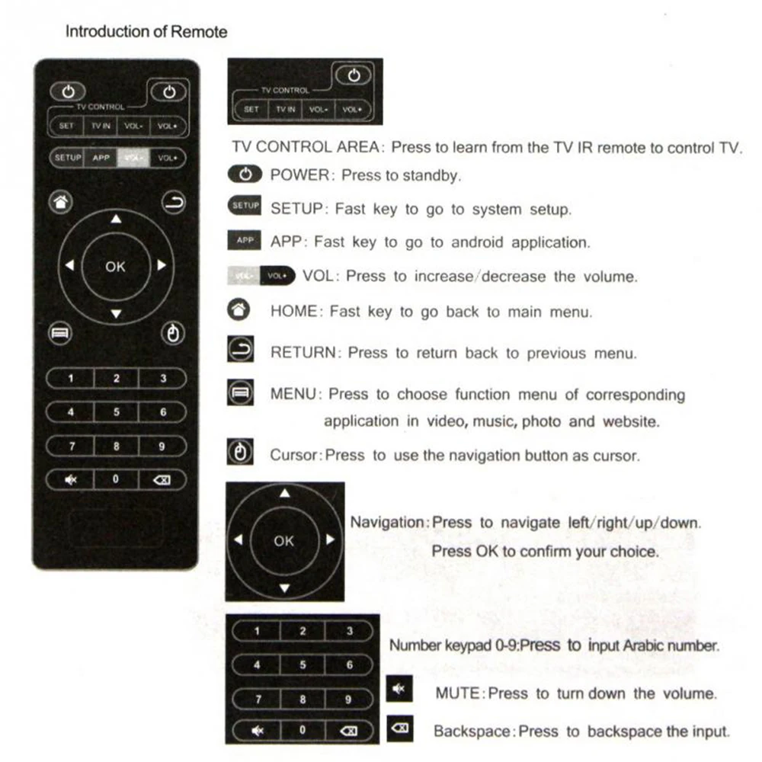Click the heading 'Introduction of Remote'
point(146,32)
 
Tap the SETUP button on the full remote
point(67,158)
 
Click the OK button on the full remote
point(116,267)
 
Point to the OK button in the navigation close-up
point(283,541)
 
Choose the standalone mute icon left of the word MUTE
point(398,690)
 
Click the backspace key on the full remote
point(163,480)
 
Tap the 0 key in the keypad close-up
point(303,730)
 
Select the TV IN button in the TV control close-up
point(285,110)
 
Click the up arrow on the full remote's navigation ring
point(116,219)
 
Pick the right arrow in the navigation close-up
point(330,540)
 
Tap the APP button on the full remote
point(101,158)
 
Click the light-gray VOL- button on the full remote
point(133,158)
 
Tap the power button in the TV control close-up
point(354,75)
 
